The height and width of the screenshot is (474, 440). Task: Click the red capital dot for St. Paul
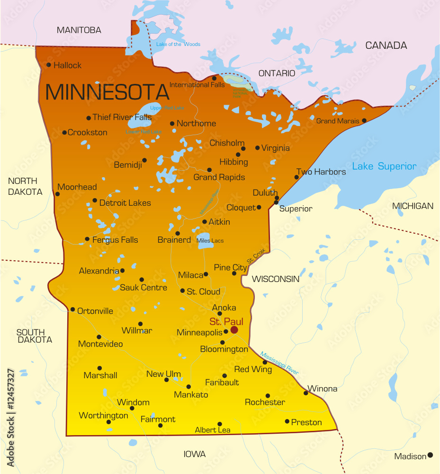[x=234, y=330]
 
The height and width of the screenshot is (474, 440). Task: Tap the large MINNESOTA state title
[x=107, y=91]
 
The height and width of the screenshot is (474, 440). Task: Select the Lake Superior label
[x=384, y=166]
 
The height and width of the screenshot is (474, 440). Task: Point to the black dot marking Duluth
[x=277, y=198]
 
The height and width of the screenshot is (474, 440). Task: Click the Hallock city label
[x=67, y=65]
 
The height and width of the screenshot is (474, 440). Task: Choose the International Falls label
[x=197, y=85]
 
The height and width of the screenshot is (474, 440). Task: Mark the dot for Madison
[x=430, y=455]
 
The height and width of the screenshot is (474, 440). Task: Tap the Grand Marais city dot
[x=364, y=120]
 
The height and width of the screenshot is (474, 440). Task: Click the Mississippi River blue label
[x=279, y=363]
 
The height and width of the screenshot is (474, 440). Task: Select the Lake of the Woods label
[x=178, y=45]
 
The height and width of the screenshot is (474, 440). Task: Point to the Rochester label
[x=265, y=402]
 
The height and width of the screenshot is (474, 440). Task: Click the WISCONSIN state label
[x=276, y=279]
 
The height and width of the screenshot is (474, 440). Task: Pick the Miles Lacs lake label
[x=210, y=241]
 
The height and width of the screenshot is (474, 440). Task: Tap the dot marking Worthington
[x=108, y=422]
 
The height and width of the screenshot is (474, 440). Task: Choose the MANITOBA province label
[x=79, y=30]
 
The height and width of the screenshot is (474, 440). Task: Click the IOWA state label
[x=195, y=454]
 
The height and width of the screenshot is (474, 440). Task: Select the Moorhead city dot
[x=58, y=194]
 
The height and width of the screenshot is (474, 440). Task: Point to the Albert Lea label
[x=213, y=430]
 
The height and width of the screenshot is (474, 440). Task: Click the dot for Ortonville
[x=72, y=310]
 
